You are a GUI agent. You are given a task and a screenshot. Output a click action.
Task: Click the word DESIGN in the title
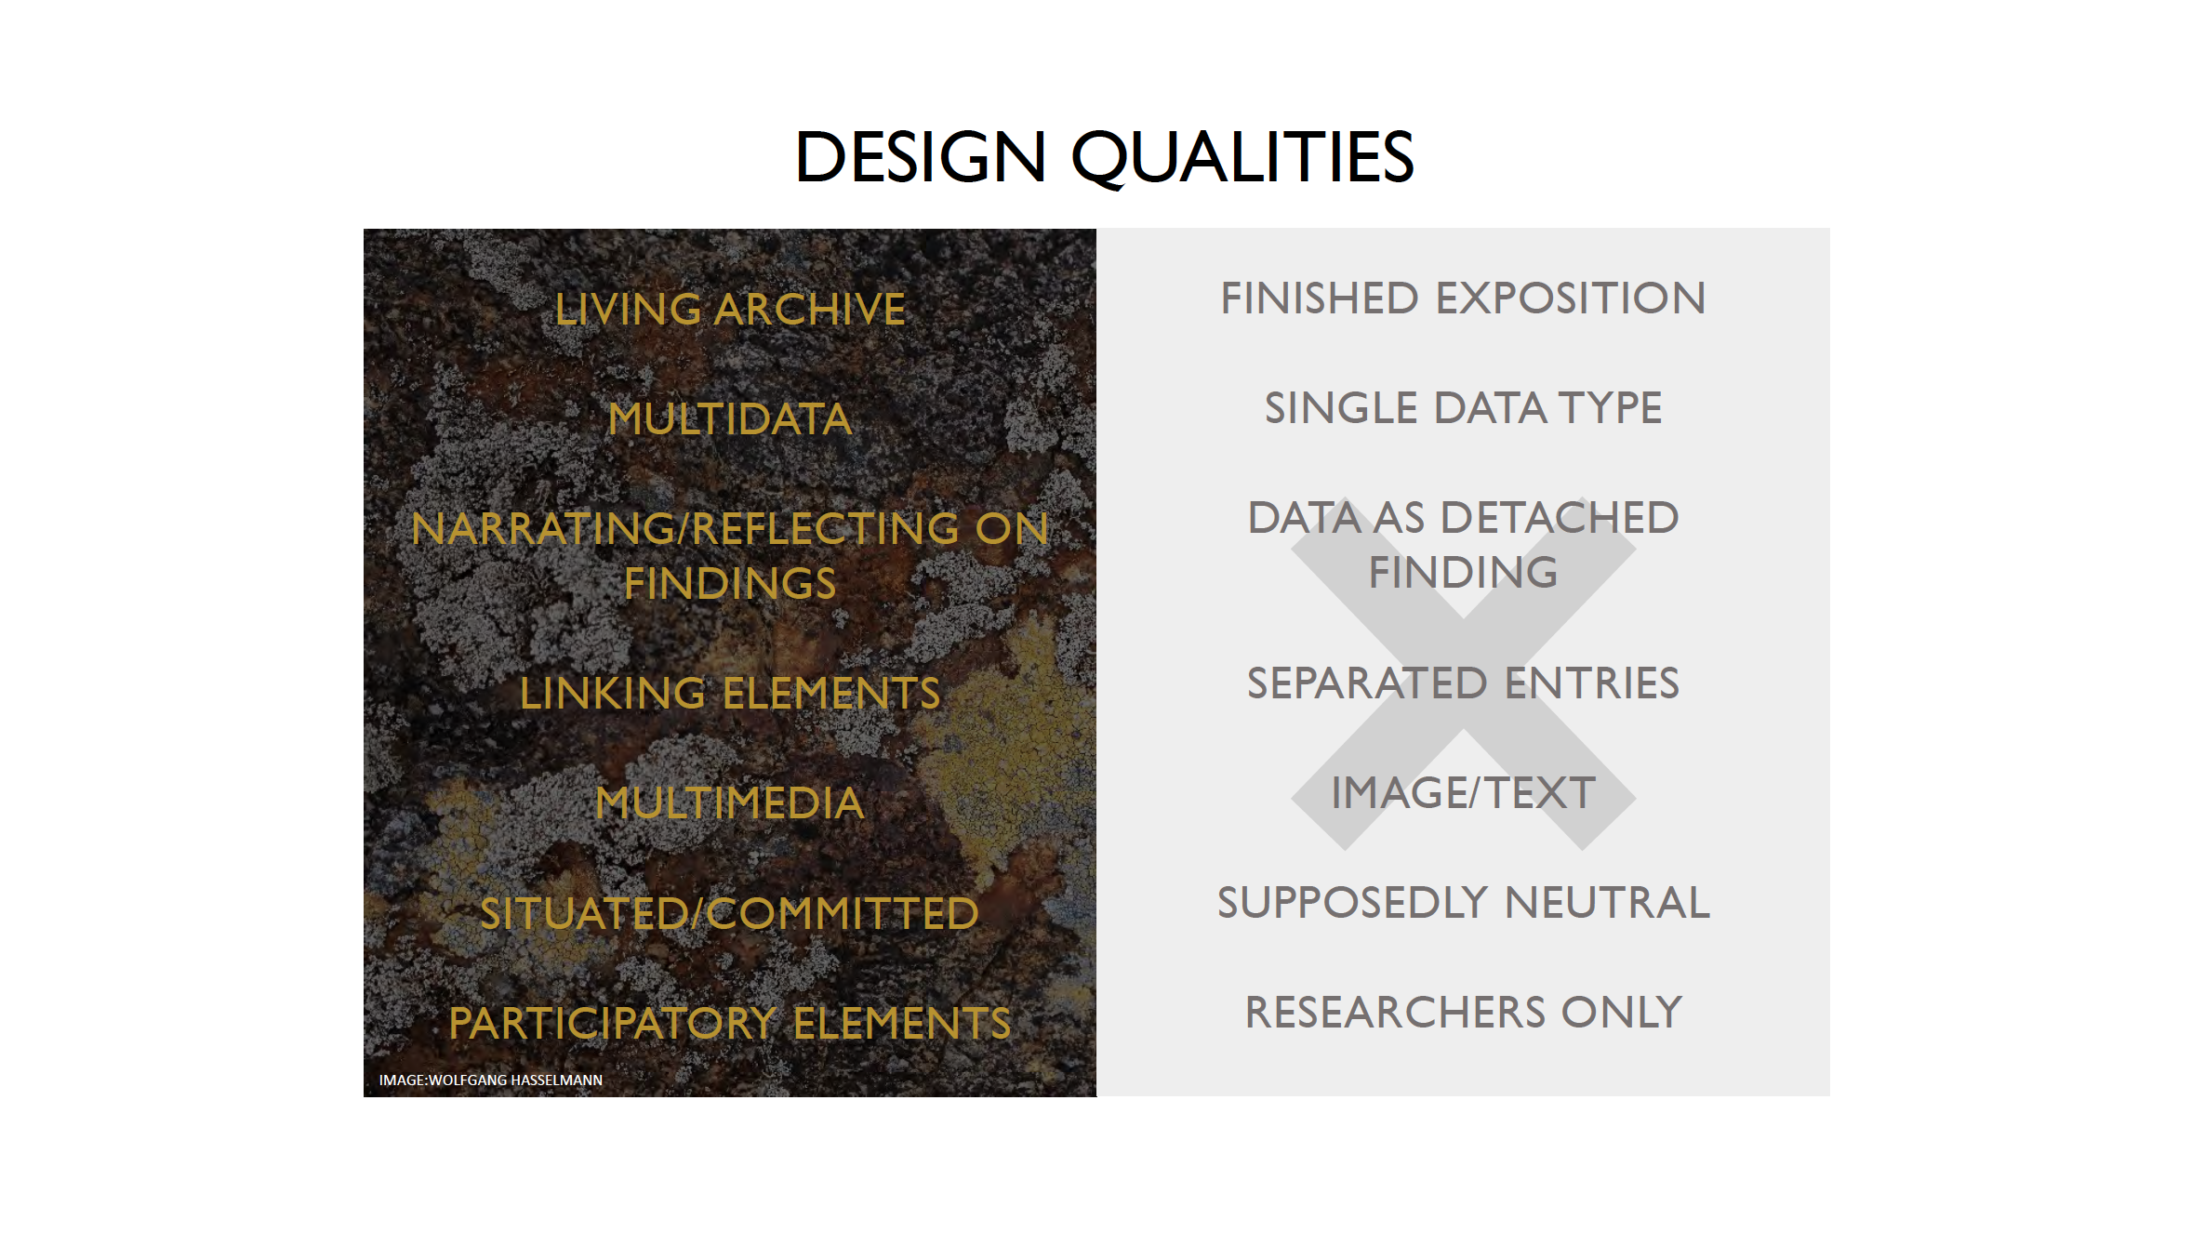coord(921,156)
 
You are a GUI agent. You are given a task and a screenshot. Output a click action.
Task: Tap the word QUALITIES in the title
coord(1242,157)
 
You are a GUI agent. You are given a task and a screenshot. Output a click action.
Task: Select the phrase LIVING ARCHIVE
coord(730,310)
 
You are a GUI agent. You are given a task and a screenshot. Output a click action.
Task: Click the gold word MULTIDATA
coord(730,419)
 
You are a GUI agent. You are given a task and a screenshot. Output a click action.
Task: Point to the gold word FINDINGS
coord(730,584)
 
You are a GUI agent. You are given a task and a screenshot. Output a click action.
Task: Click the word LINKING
coord(613,694)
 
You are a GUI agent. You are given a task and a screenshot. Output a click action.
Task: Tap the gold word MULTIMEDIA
coord(730,803)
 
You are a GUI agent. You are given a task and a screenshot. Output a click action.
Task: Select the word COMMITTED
coord(843,914)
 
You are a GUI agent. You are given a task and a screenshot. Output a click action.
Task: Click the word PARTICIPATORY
coord(612,1024)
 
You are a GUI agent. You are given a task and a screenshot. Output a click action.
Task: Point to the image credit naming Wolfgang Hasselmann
coord(491,1081)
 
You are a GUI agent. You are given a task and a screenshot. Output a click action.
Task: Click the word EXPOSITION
coord(1571,298)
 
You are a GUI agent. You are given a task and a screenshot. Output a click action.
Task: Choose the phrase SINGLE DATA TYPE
coord(1463,408)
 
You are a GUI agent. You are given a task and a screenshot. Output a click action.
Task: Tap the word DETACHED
coord(1560,518)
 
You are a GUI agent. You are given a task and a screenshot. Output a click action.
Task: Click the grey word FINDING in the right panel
coord(1463,573)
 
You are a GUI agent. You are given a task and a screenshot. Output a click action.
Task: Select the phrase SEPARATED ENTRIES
coord(1463,683)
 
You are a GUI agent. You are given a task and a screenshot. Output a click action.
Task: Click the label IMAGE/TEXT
coord(1463,793)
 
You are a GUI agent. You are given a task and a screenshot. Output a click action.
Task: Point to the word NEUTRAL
coord(1608,903)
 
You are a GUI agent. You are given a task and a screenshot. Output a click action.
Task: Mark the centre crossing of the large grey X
coord(1463,673)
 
